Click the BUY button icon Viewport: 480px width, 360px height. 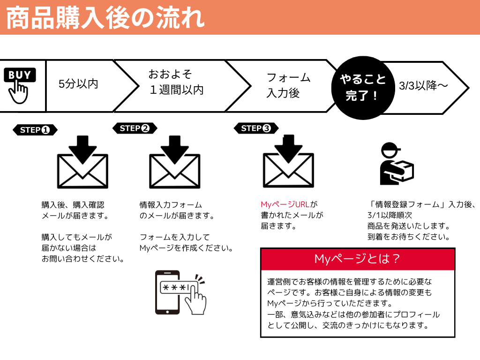(20, 75)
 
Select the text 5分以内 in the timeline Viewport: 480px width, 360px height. (78, 84)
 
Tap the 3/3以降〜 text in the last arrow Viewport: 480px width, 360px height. (423, 86)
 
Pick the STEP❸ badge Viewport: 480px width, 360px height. (256, 128)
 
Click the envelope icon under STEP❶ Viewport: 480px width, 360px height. (82, 162)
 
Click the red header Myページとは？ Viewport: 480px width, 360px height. (357, 259)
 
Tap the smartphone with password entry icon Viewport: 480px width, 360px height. (179, 292)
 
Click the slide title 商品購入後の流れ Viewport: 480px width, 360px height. (105, 18)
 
